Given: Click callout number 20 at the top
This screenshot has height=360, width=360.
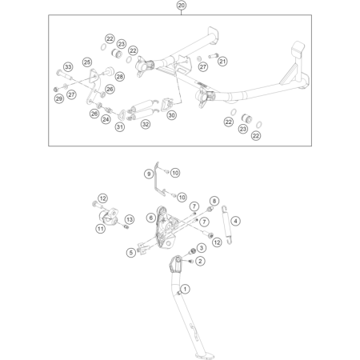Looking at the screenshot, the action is tap(181, 6).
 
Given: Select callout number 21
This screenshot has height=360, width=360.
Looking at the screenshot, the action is tap(222, 62).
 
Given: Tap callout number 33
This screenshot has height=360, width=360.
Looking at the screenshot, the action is tap(68, 67).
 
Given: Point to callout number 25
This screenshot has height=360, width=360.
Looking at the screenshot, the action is tap(87, 62).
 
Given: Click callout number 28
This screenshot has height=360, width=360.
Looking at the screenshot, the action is tap(120, 77).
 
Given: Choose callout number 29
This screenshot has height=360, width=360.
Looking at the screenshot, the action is tap(59, 99).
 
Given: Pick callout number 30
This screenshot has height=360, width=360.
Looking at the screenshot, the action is tap(171, 115).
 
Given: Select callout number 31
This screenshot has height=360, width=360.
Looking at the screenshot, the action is tap(120, 127).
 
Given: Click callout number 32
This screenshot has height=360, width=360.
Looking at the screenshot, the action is tap(146, 124).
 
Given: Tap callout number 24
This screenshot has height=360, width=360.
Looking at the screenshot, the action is tap(106, 119).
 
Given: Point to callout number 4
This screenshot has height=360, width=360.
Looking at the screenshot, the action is tap(235, 221).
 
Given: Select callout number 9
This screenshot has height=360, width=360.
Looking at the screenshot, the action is tap(149, 174).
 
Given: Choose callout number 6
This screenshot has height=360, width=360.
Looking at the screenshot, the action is tap(151, 218).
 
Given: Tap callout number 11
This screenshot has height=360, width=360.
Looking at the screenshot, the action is tap(101, 229).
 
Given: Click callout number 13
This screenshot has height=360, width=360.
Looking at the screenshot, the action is tap(130, 219).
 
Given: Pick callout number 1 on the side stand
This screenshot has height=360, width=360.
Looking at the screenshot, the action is tap(185, 289).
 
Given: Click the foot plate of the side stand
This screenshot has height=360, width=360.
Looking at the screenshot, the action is tap(206, 356).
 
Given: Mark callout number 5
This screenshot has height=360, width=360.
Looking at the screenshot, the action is tap(131, 253).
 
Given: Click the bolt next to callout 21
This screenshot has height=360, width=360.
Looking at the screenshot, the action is tap(213, 56).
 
